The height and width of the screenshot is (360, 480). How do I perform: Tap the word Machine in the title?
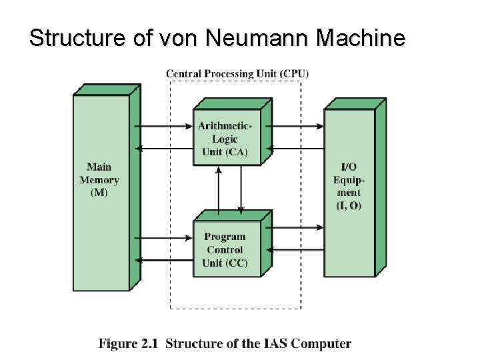click(x=360, y=39)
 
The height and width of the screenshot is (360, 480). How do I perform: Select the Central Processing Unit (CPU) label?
click(x=237, y=73)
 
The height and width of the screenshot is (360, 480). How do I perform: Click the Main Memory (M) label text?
click(x=99, y=179)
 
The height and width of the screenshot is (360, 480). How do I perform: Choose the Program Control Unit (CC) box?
click(x=225, y=249)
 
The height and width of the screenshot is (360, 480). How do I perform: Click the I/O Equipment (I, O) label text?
click(x=349, y=186)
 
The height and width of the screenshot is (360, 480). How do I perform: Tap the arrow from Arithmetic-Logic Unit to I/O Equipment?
click(x=298, y=126)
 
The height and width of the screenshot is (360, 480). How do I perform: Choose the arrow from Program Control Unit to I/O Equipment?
click(x=298, y=227)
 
